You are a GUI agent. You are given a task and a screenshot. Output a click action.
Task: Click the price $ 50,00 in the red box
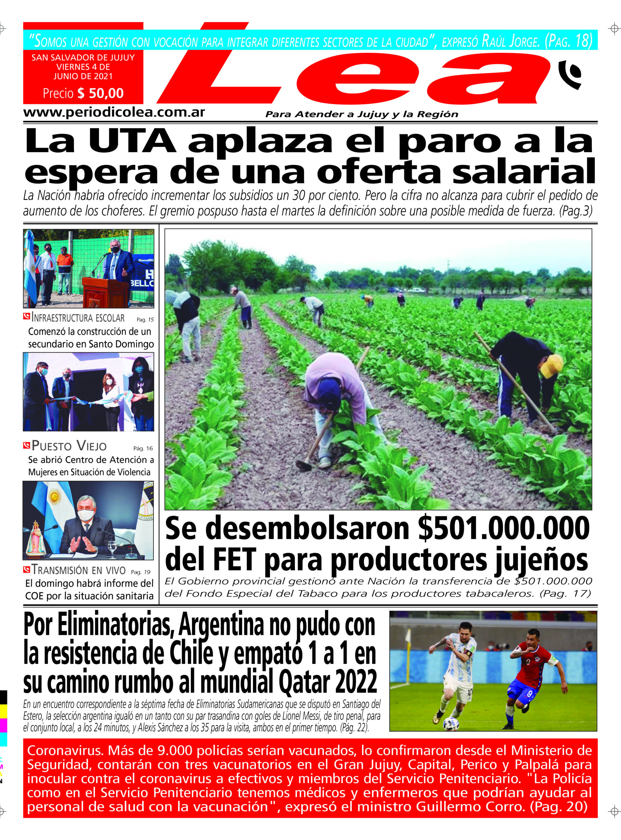tap(100, 93)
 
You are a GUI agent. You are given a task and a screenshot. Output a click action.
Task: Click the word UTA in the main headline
tap(132, 141)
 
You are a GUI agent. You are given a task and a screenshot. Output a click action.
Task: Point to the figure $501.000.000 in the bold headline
tap(504, 529)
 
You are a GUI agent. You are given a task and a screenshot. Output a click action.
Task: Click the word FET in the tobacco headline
tap(235, 560)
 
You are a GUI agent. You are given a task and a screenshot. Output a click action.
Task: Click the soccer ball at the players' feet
tap(450, 724)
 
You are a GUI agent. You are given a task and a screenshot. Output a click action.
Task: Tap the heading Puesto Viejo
tap(69, 446)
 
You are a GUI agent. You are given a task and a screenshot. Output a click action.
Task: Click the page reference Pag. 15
tap(145, 320)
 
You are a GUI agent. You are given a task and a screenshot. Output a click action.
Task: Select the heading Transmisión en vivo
tap(78, 570)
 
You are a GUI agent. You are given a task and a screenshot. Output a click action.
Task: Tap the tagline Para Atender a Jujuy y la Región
tap(362, 114)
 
